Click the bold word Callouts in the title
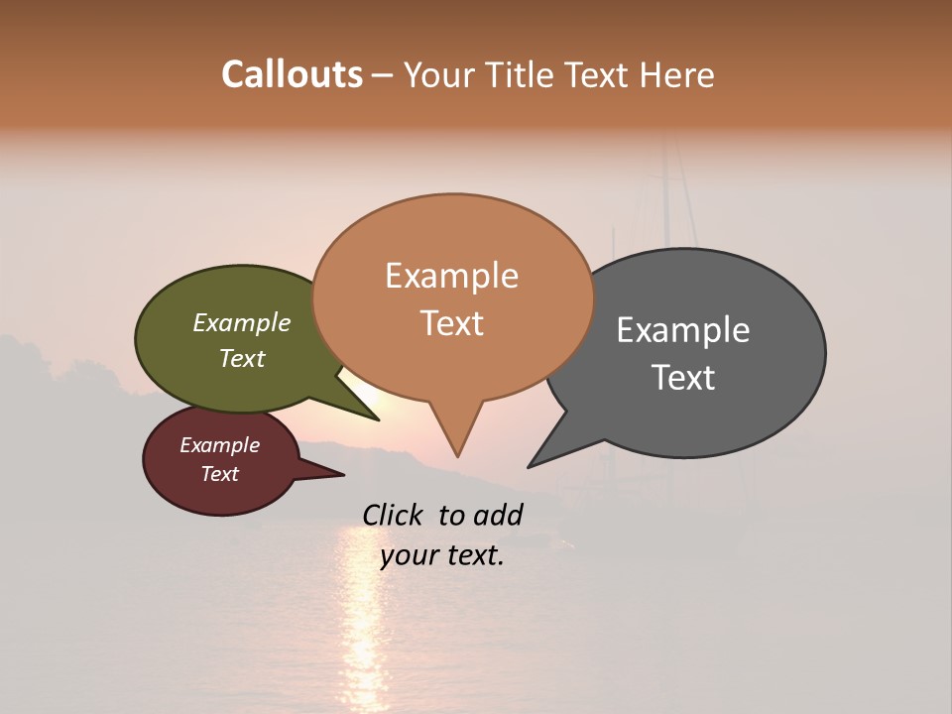(x=292, y=74)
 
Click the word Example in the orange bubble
(x=451, y=276)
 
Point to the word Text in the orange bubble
(x=451, y=323)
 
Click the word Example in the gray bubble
(x=683, y=330)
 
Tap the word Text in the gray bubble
(x=683, y=378)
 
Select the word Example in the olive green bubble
(x=242, y=322)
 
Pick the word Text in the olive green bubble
(x=242, y=358)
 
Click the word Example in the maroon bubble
(x=220, y=445)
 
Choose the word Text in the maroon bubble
(x=220, y=474)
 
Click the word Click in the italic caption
(x=393, y=515)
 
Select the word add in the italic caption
(x=498, y=515)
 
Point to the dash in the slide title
(x=383, y=75)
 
